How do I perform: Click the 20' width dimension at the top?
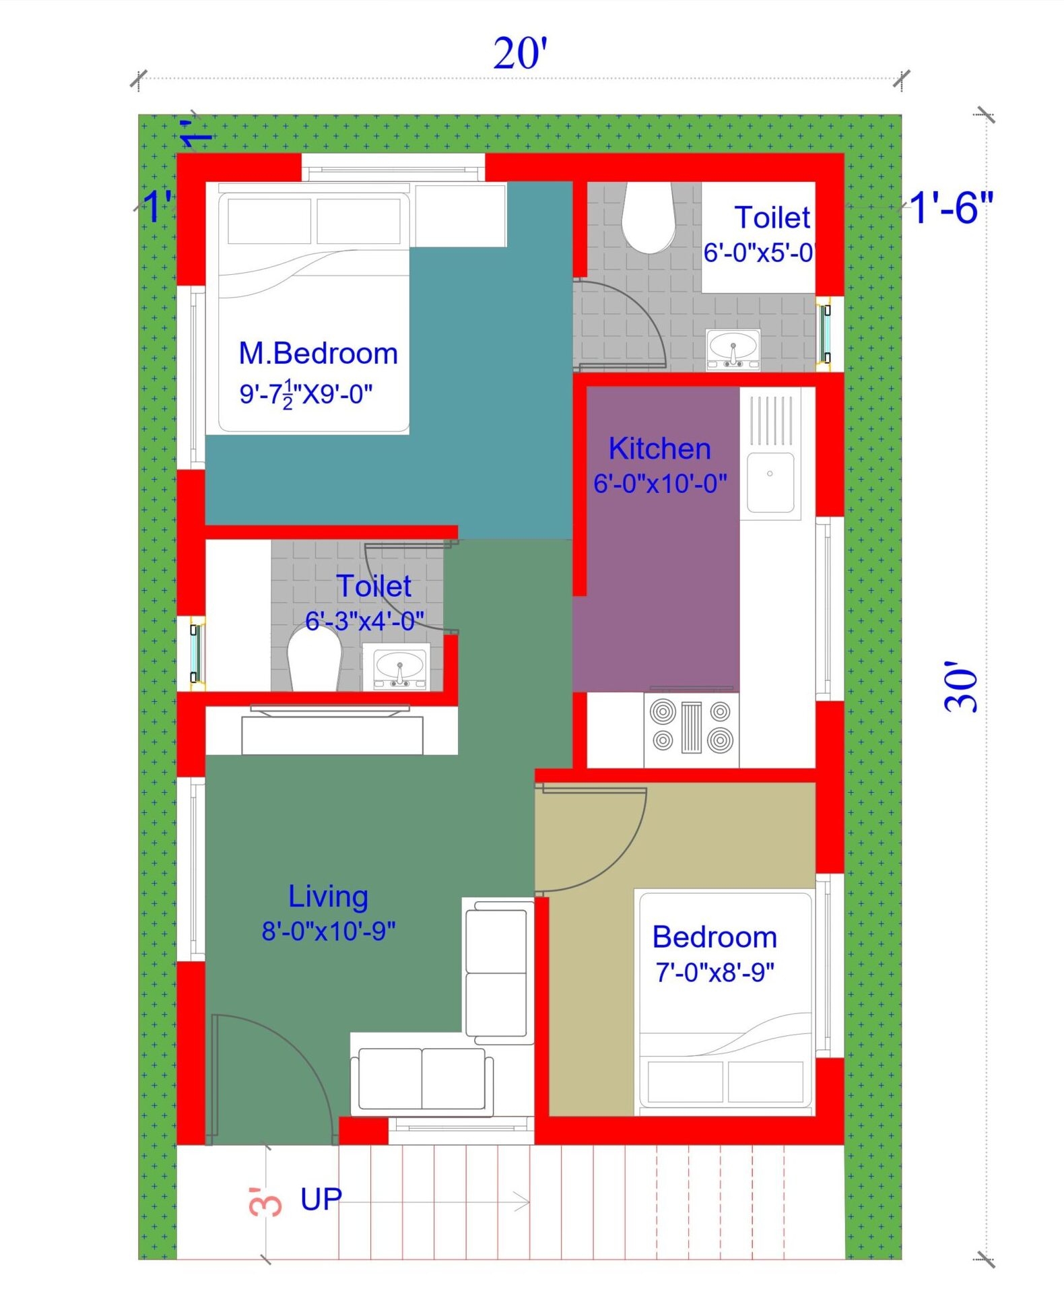point(520,54)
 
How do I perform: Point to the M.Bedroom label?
point(318,354)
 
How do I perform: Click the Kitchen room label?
point(659,449)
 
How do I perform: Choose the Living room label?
point(328,896)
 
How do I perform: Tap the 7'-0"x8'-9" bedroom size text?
point(714,972)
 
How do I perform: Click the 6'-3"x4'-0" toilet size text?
point(364,620)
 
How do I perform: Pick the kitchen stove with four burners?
point(691,729)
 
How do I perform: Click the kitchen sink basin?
point(770,481)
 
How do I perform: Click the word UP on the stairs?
point(321,1200)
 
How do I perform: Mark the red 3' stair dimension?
point(265,1202)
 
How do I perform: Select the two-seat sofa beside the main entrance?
point(422,1078)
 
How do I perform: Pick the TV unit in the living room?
point(332,734)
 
